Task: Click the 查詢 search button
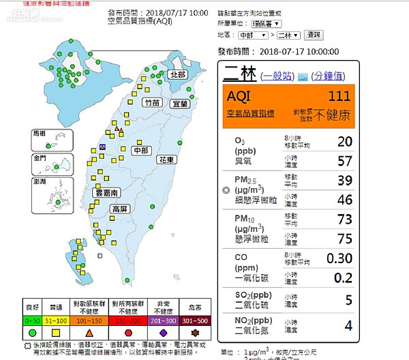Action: (314, 35)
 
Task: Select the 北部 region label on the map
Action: (178, 74)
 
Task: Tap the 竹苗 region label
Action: (152, 103)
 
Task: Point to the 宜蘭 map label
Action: (180, 104)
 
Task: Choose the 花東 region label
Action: (166, 159)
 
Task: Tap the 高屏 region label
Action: (120, 209)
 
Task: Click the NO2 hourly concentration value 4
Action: (348, 326)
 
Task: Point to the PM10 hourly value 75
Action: (344, 238)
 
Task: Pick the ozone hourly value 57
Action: (345, 161)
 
